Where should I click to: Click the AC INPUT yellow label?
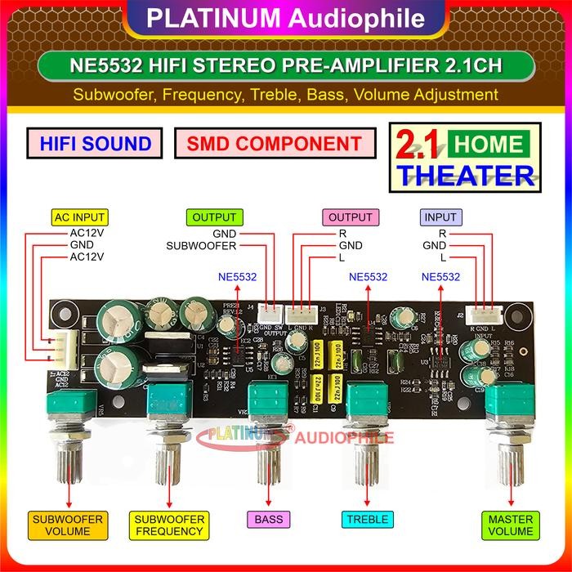pyautogui.click(x=79, y=217)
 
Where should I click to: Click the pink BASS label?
pyautogui.click(x=268, y=519)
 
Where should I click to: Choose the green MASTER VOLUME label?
pyautogui.click(x=510, y=525)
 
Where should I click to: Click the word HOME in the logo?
pyautogui.click(x=489, y=145)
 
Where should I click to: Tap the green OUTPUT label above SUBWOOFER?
pyautogui.click(x=214, y=217)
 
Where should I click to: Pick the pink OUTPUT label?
pyautogui.click(x=350, y=217)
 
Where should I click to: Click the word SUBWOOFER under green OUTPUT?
pyautogui.click(x=201, y=245)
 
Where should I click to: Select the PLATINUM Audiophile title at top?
pyautogui.click(x=285, y=17)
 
